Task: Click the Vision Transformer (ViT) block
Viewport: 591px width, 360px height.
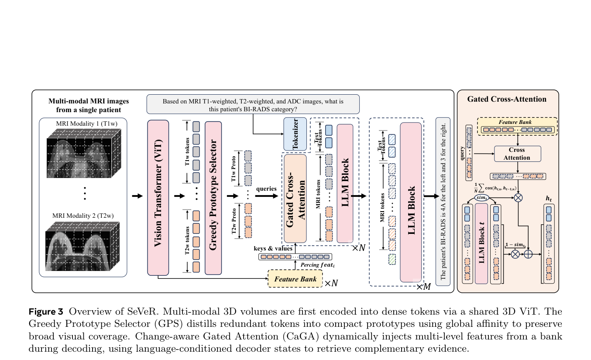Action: (158, 198)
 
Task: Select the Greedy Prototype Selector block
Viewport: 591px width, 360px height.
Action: (213, 198)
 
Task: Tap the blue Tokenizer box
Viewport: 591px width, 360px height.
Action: (295, 134)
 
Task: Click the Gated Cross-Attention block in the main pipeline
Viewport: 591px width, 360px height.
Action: (295, 199)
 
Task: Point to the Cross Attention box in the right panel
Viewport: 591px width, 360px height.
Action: (517, 154)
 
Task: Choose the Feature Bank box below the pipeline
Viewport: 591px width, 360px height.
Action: (295, 279)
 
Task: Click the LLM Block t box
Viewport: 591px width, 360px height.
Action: (481, 243)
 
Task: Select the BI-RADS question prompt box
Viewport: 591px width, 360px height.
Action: (253, 104)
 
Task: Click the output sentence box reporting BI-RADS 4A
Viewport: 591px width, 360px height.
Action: (443, 202)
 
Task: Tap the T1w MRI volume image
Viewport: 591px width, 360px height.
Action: (84, 153)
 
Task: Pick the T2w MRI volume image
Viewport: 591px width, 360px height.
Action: (82, 247)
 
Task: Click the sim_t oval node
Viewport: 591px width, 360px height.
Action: (481, 198)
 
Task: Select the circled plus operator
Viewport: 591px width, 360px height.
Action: (528, 254)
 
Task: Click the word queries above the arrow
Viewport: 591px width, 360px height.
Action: (266, 189)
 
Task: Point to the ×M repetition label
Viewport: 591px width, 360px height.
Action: (423, 287)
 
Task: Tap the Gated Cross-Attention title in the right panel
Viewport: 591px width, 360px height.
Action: (507, 99)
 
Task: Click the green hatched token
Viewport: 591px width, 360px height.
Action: (392, 259)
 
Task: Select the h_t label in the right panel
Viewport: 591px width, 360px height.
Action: (549, 199)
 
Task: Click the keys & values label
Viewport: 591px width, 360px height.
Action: (273, 248)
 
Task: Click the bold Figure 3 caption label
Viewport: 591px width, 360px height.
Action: (46, 312)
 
